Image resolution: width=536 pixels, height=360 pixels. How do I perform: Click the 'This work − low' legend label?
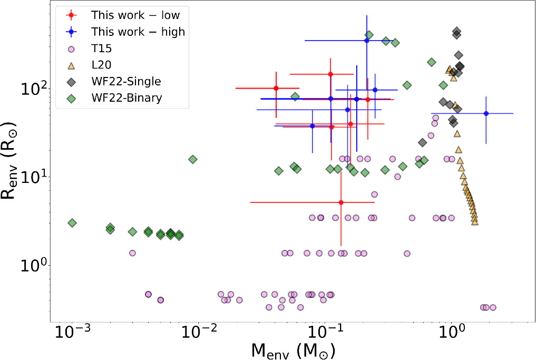135,15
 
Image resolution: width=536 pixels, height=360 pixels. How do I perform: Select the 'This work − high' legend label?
138,32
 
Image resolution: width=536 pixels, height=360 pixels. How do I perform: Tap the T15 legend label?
102,48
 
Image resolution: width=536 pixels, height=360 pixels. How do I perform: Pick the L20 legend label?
102,65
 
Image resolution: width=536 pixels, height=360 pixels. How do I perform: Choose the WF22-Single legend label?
126,81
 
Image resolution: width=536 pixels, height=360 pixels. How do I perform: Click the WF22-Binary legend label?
127,98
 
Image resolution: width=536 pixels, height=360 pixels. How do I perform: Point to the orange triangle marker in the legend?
72,65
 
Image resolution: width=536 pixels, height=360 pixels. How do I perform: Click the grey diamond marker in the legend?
72,82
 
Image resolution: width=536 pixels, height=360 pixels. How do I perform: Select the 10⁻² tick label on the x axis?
197,332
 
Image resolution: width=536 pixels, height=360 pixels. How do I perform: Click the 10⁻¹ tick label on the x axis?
324,332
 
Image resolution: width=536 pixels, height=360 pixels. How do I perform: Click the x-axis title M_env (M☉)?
293,351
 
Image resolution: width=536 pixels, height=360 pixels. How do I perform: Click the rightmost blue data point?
486,113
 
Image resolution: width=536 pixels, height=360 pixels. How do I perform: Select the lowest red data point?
341,202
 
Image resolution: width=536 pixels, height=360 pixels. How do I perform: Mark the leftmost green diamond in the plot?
72,223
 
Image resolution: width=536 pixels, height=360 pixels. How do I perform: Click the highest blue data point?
367,41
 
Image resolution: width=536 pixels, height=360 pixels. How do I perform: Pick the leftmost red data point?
276,88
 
